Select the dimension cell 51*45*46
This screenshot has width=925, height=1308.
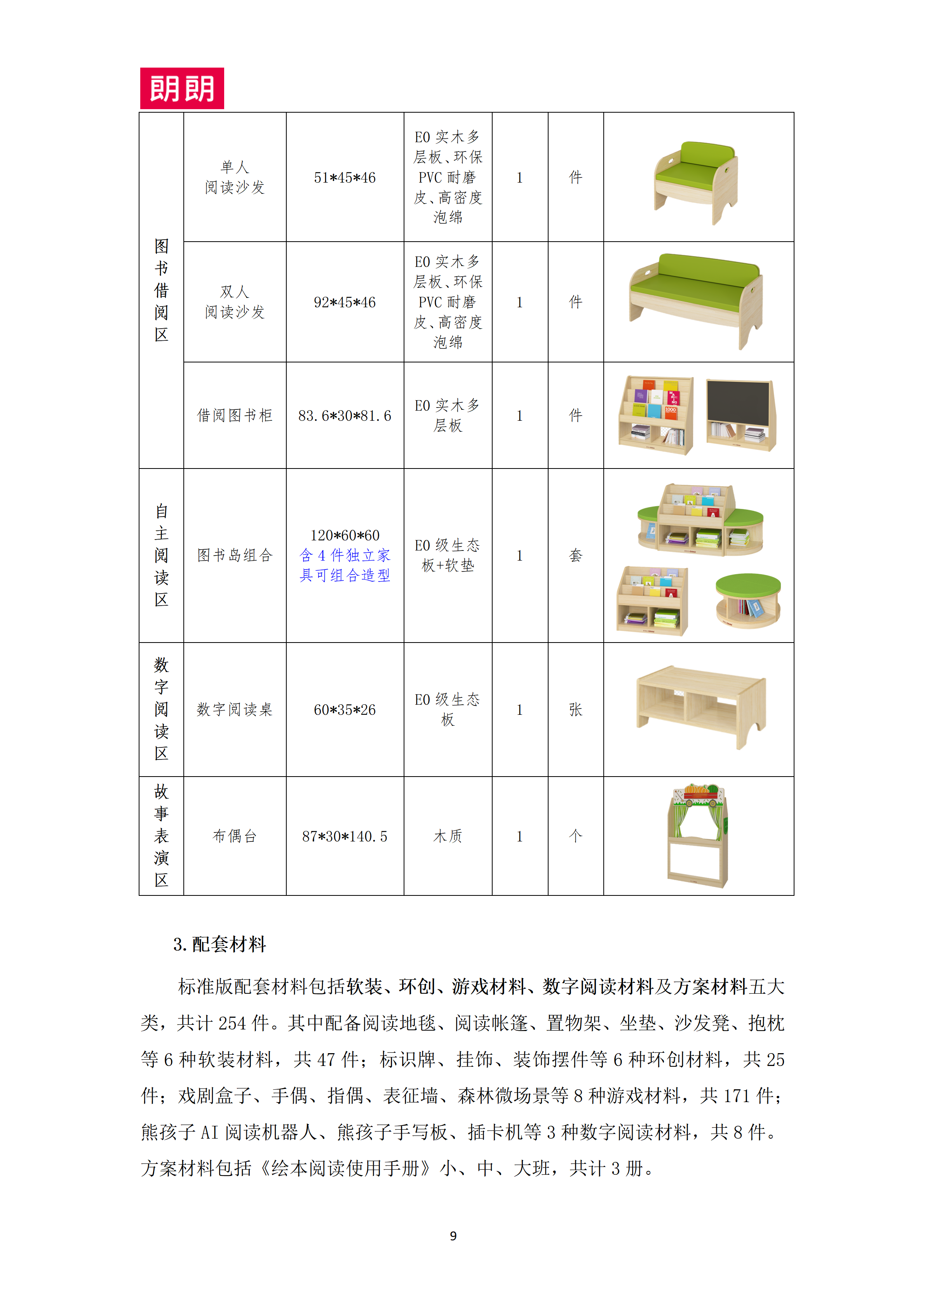[x=345, y=178]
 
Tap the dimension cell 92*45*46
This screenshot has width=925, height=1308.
[x=345, y=303]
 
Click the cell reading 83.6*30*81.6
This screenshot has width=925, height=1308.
[x=345, y=416]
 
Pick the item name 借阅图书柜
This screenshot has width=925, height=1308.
[x=235, y=416]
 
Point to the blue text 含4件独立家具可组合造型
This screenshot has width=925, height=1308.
[x=345, y=566]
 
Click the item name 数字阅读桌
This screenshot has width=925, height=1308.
[x=235, y=710]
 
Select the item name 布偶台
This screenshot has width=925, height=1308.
[x=235, y=836]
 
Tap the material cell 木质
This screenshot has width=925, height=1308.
[x=448, y=836]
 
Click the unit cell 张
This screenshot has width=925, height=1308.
[x=575, y=710]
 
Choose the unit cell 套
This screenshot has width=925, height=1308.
[x=575, y=556]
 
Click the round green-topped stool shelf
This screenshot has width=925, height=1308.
[x=748, y=600]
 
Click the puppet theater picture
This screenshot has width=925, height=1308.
[x=698, y=835]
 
